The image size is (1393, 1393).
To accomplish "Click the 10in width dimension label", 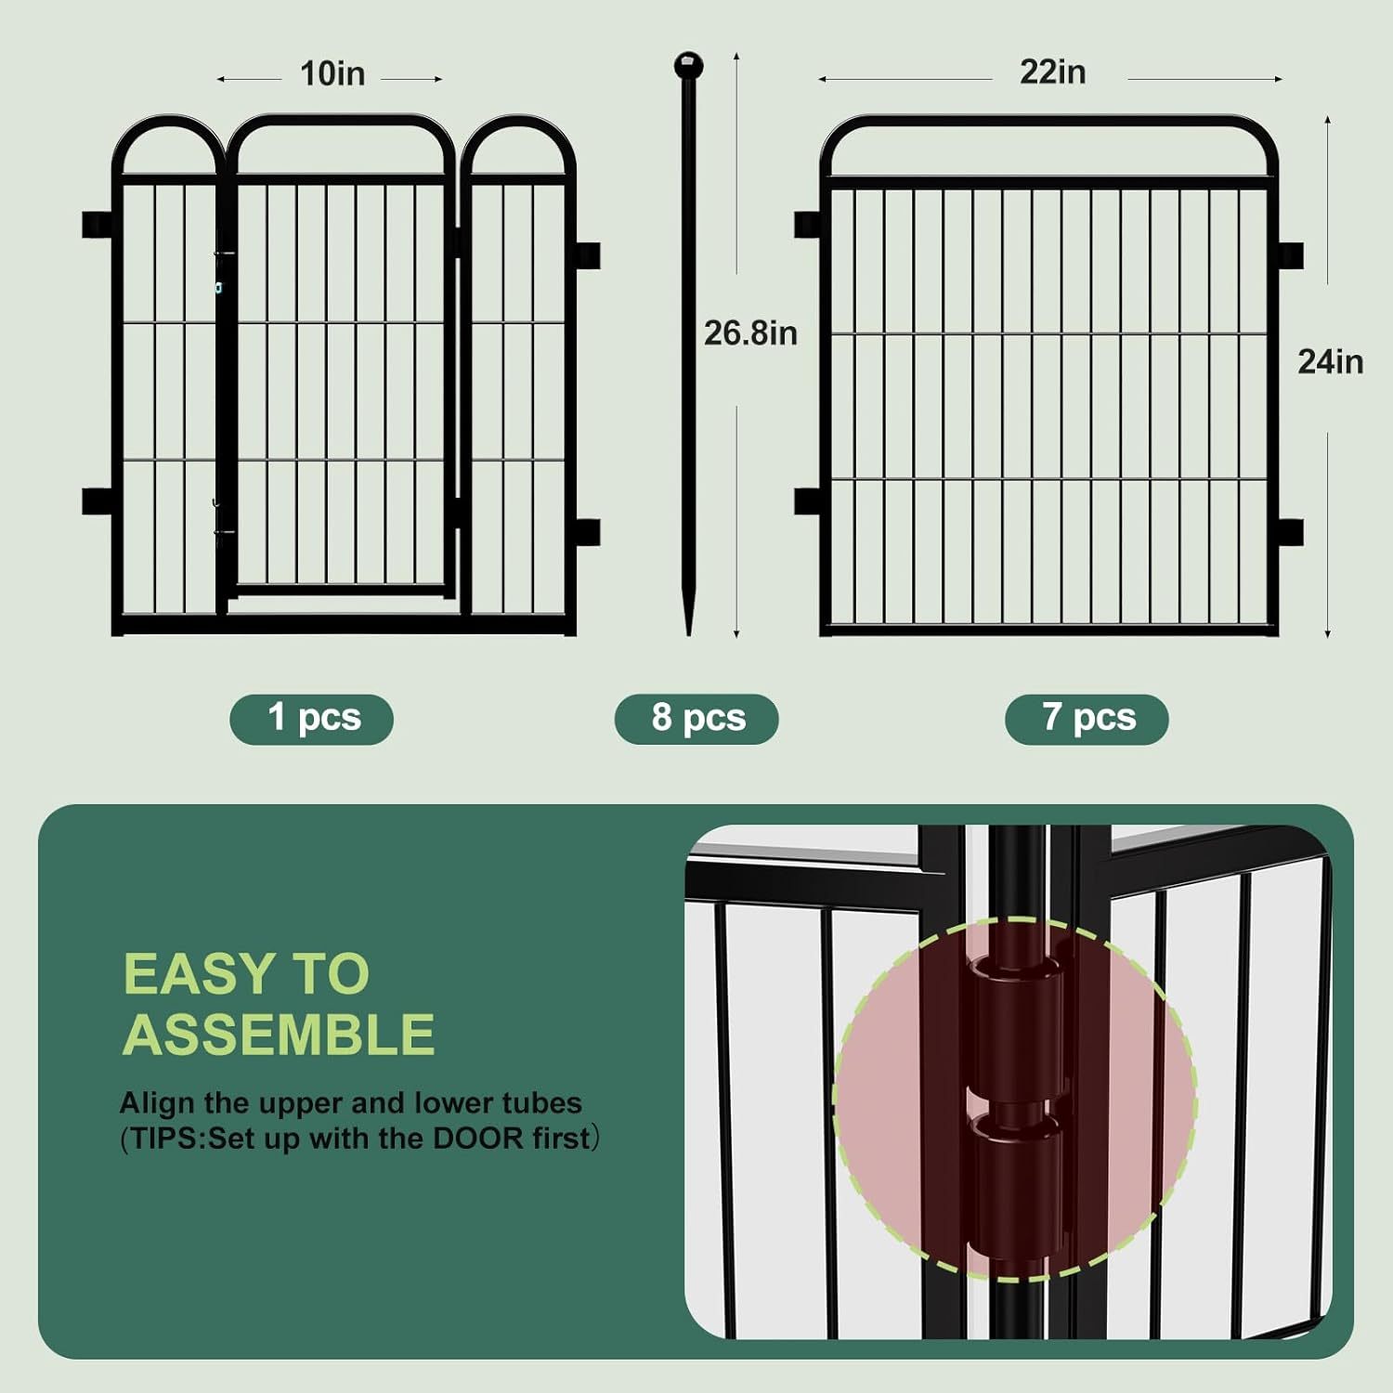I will pos(332,74).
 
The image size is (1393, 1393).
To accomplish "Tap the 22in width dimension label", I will pos(1052,72).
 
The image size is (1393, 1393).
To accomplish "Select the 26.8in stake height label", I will pos(750,333).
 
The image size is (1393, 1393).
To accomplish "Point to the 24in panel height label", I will pos(1330,362).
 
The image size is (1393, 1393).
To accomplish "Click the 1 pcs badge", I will pos(312,718).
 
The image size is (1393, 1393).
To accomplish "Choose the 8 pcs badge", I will pos(696,718).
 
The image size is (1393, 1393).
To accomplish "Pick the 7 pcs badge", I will pos(1087,718).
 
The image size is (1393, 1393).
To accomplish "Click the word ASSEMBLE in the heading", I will pos(279,1035).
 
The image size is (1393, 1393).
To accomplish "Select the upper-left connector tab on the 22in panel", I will pos(807,225).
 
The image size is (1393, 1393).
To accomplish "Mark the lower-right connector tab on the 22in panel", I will pos(1291,532).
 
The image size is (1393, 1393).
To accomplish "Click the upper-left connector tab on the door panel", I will pos(96,225).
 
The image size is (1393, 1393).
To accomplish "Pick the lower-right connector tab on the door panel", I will pos(587,532).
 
